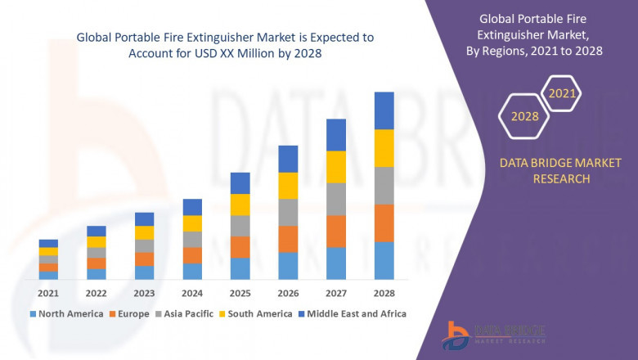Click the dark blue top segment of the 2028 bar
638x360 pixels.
pos(384,110)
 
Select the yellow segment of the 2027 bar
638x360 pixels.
pos(336,167)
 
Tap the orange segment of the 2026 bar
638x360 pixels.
pos(288,239)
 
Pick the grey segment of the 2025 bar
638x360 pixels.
pos(240,226)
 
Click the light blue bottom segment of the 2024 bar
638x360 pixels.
pos(192,271)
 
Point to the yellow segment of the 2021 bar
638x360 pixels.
pos(48,251)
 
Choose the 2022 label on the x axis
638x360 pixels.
pos(97,293)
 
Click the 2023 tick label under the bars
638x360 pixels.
pos(145,293)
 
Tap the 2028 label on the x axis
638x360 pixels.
pos(384,293)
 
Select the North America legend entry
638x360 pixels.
pos(66,313)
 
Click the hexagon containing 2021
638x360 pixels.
pos(562,94)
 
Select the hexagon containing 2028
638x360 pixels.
pos(524,116)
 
